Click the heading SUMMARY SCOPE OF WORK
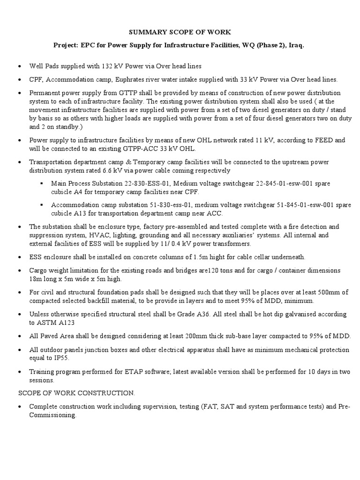(x=180, y=32)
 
